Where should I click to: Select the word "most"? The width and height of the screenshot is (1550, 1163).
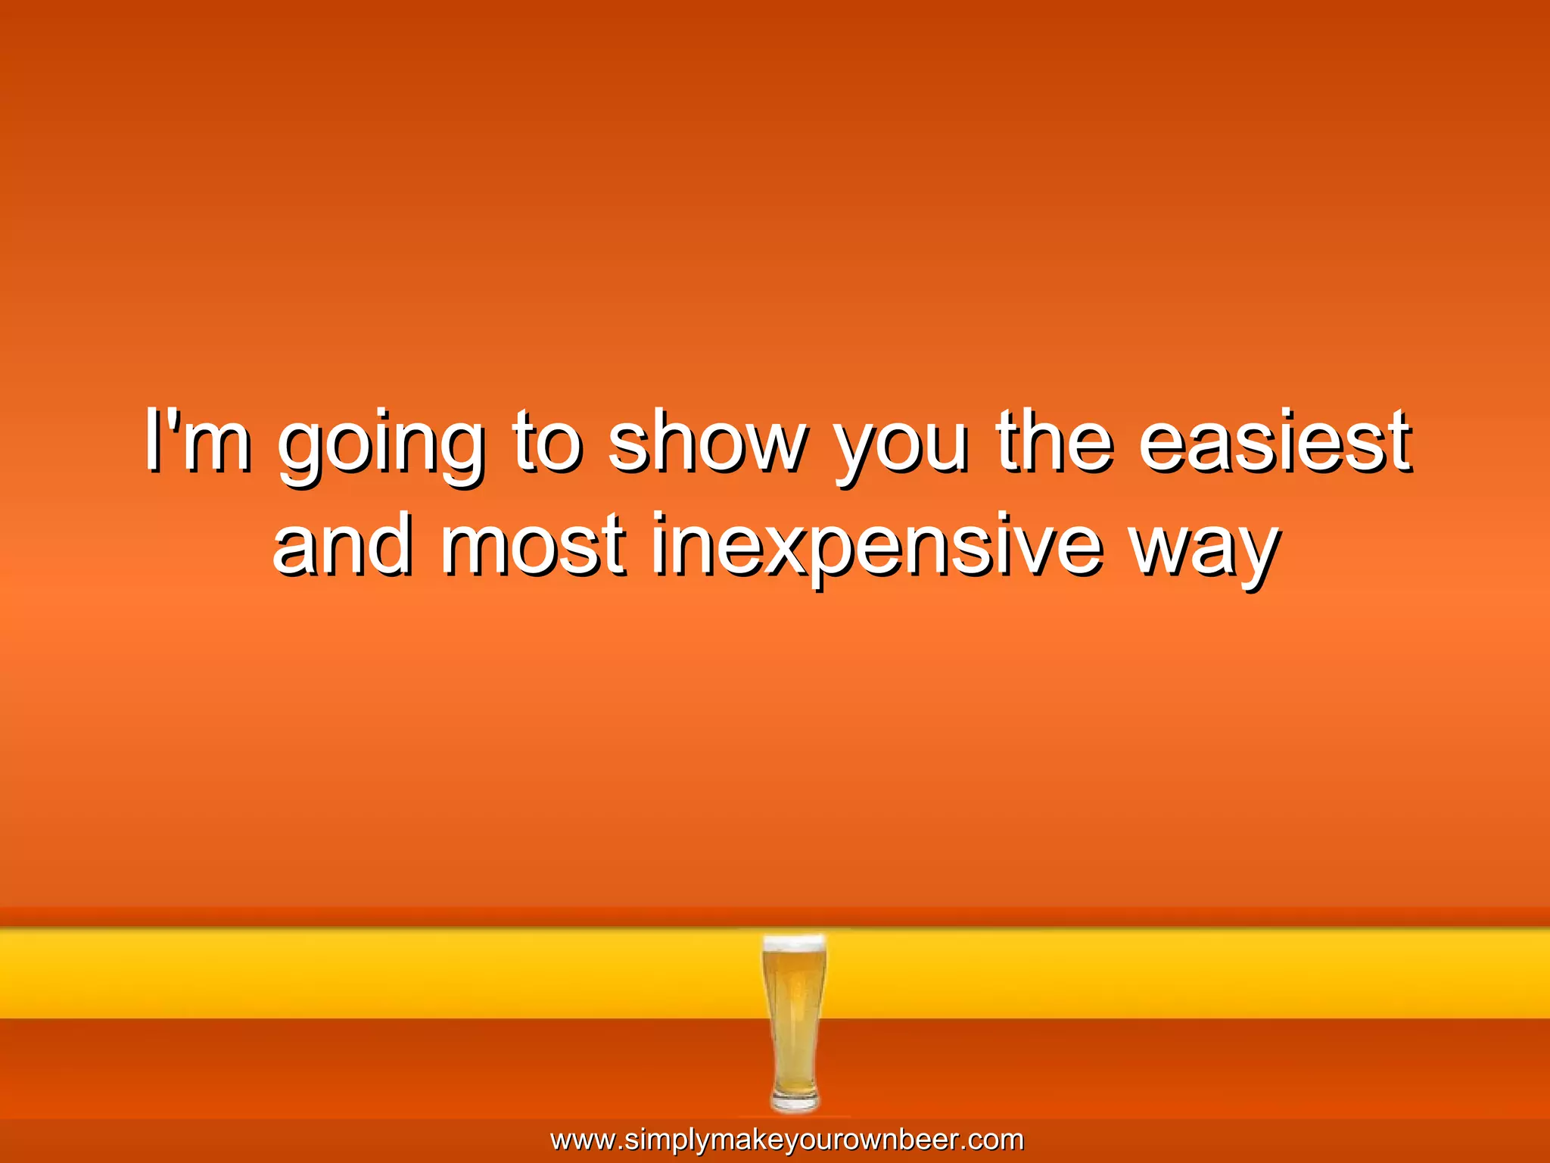tap(533, 545)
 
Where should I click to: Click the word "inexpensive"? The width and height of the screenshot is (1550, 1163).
tap(876, 547)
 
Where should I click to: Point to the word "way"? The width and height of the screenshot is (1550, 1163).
tap(1203, 550)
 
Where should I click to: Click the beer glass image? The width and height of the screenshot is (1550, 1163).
tap(794, 1022)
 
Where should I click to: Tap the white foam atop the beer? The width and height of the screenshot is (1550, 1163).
tap(794, 943)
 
